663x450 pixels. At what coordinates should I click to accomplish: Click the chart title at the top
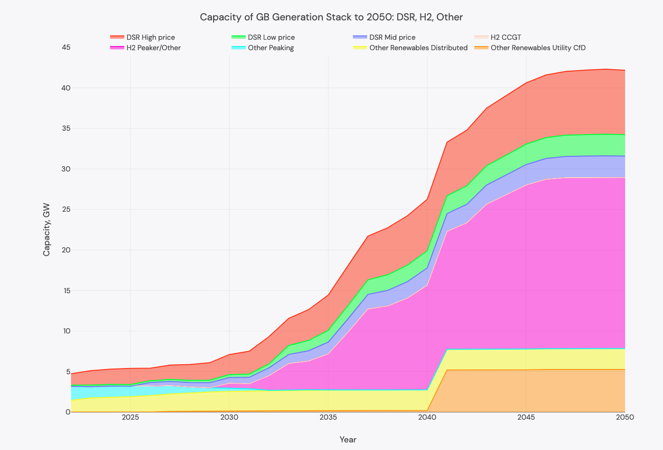(331, 17)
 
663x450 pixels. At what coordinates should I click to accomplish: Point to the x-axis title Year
(348, 440)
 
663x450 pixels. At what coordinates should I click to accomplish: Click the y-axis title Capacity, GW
(46, 230)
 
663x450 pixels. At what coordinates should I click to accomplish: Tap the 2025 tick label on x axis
(130, 417)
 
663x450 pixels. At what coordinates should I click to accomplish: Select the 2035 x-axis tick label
(328, 417)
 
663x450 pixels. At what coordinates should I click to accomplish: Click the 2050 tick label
(625, 417)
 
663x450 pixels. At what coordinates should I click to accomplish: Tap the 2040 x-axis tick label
(427, 417)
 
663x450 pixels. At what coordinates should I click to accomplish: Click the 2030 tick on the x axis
(229, 417)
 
